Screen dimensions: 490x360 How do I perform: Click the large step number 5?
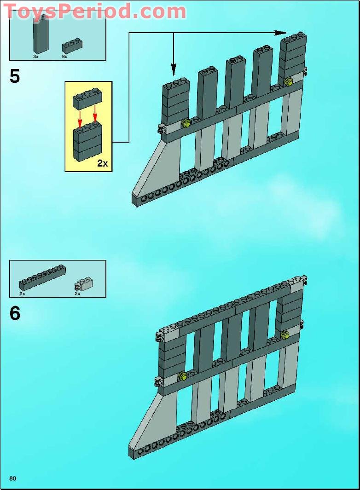[x=15, y=76]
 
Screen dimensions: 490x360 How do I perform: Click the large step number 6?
[x=15, y=314]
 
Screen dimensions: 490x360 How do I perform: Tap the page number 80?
[x=12, y=478]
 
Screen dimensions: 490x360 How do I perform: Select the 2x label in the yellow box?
[x=102, y=163]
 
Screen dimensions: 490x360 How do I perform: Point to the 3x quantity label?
[x=35, y=56]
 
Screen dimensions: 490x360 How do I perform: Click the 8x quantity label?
[x=64, y=56]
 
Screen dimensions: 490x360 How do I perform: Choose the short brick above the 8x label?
[x=72, y=46]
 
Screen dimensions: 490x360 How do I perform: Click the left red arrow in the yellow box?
[x=80, y=118]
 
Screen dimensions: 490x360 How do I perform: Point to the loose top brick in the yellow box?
[x=87, y=98]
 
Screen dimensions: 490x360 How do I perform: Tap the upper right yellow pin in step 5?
[x=289, y=82]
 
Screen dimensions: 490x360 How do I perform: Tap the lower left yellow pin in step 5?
[x=186, y=123]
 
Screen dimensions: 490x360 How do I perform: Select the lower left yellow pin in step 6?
[x=183, y=376]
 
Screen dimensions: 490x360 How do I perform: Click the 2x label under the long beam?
[x=22, y=293]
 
